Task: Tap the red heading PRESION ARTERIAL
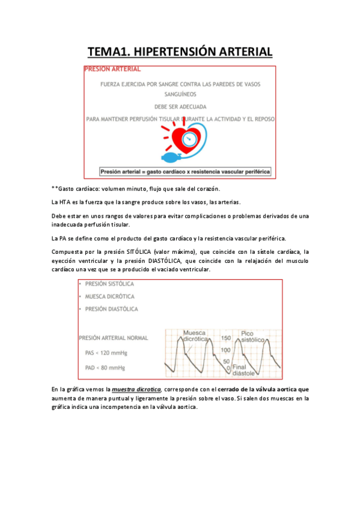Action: pos(113,69)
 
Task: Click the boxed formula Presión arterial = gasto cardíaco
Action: pos(185,171)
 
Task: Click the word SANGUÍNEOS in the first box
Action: pos(180,94)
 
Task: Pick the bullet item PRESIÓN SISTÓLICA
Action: pos(110,284)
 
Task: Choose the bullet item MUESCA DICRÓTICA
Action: pos(110,296)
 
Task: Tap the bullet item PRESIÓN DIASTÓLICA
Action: pos(111,309)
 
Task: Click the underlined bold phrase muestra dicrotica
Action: pos(136,390)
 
